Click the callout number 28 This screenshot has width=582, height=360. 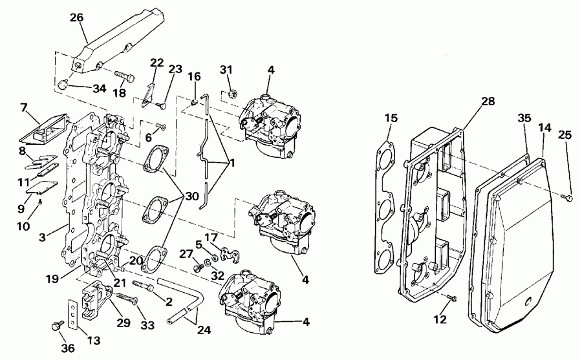click(488, 101)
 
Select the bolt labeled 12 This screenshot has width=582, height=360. click(452, 297)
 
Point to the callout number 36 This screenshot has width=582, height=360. click(68, 348)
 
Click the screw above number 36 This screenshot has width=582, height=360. click(56, 326)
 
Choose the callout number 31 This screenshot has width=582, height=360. click(225, 70)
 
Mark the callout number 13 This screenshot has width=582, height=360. click(93, 341)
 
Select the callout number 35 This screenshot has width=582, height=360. click(524, 118)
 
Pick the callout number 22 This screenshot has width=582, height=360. click(157, 63)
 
